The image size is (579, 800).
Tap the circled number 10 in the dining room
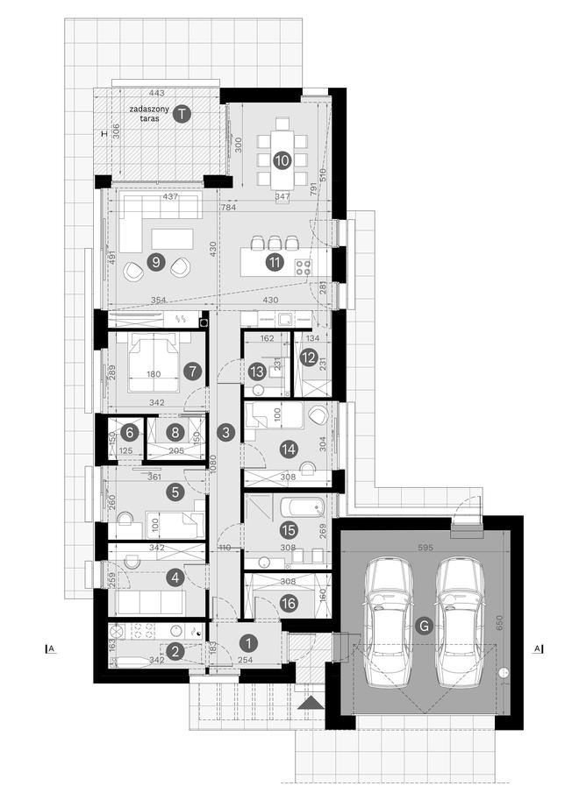282,160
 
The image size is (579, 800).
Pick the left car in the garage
391,619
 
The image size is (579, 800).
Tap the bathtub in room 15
301,508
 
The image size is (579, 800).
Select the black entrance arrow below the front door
310,702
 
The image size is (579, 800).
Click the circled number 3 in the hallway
226,432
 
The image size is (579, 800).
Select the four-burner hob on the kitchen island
304,268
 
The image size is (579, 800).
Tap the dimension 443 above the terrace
157,93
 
